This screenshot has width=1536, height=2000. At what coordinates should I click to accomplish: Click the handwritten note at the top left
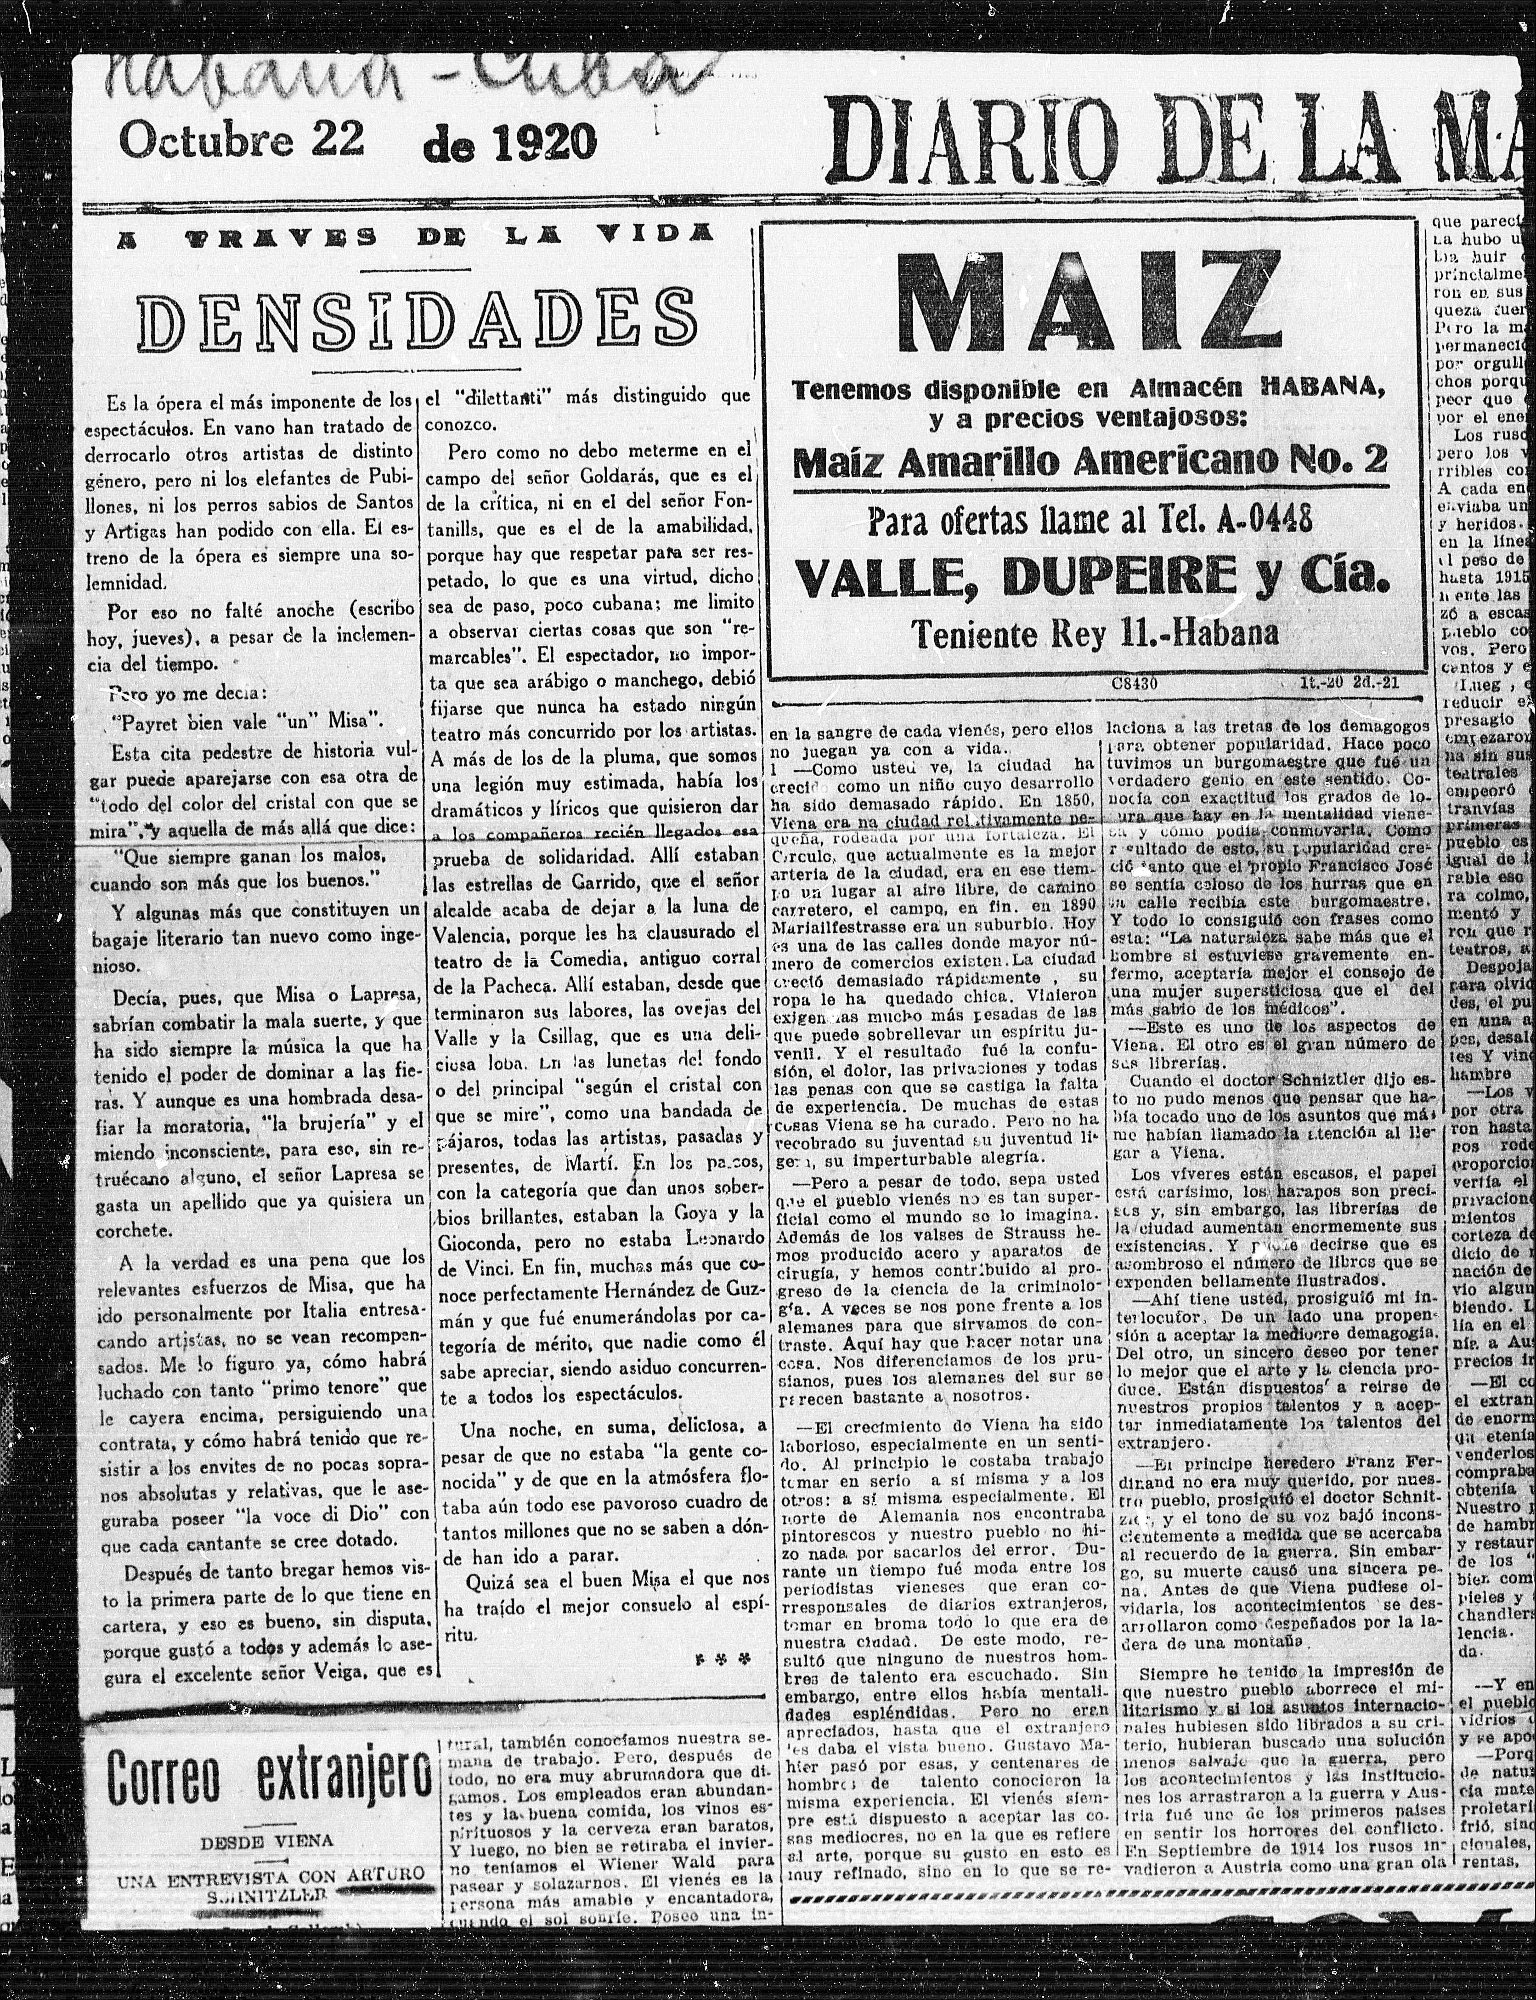tap(393, 78)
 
